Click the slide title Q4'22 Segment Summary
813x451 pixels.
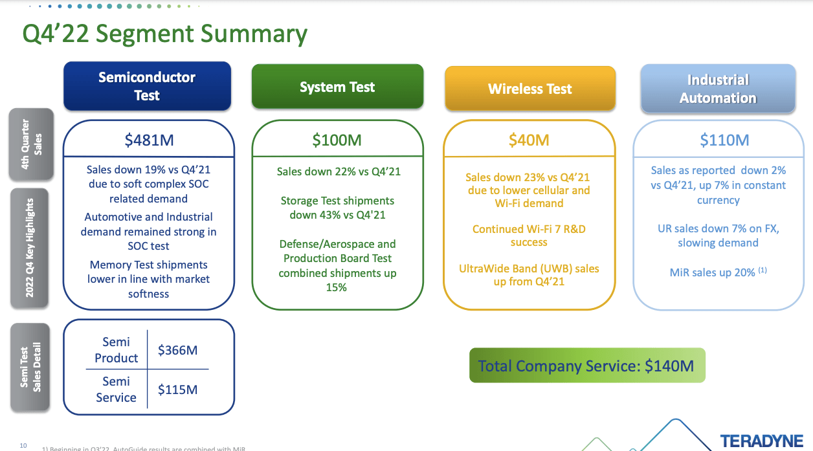point(164,34)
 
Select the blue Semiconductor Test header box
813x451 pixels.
point(147,86)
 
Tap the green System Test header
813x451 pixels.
point(337,87)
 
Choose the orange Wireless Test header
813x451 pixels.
point(529,89)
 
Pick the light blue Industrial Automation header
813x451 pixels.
point(718,89)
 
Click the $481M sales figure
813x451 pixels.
point(149,139)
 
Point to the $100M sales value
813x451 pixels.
point(337,140)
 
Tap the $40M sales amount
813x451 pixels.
point(529,140)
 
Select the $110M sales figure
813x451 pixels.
point(724,140)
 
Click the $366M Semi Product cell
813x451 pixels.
point(177,350)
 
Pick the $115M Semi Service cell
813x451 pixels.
point(177,390)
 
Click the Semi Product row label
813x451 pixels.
point(117,349)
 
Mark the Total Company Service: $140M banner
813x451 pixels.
point(586,366)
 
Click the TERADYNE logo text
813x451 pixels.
point(762,441)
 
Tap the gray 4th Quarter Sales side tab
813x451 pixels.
point(31,144)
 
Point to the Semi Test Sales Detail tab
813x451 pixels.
point(30,367)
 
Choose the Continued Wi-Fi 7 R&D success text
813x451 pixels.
point(529,236)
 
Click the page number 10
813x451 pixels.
point(23,445)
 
